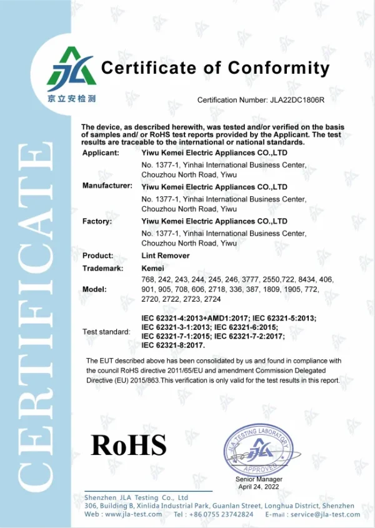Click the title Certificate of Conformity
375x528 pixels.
215,68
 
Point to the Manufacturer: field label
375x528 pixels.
107,186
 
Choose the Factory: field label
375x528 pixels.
97,221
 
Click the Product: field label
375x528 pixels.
98,256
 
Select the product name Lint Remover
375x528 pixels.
166,256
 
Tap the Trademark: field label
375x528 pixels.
103,267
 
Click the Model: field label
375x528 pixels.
94,290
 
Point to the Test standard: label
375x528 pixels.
106,332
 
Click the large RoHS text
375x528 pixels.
129,445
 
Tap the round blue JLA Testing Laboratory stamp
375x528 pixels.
259,449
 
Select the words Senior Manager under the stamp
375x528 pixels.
259,479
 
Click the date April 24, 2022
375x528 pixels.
259,486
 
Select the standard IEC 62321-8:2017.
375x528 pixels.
174,345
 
